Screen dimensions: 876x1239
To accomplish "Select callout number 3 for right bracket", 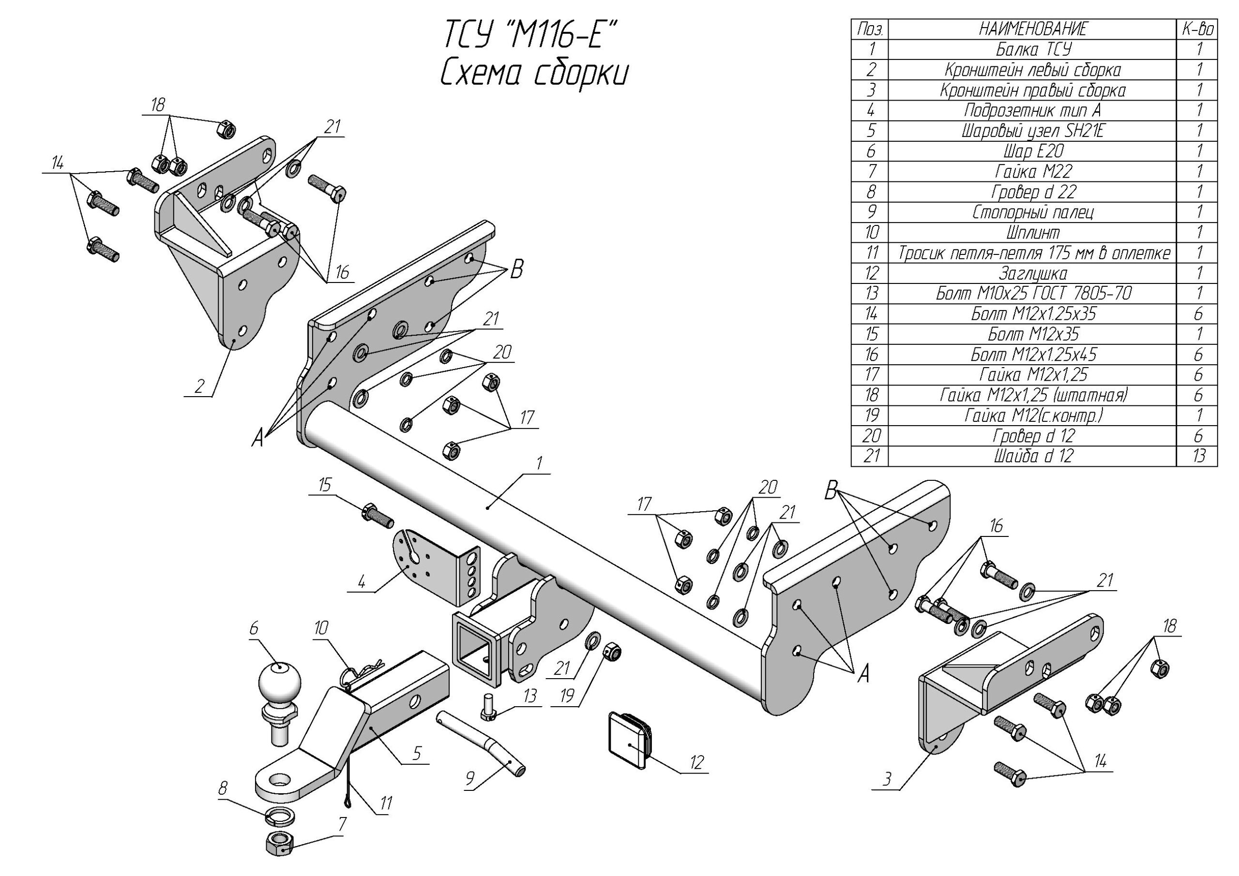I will tap(887, 779).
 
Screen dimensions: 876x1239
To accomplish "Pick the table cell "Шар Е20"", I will tap(1032, 151).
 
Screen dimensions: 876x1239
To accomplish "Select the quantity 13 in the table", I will tap(1198, 456).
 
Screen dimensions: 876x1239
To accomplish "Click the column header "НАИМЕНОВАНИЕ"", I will tap(1032, 29).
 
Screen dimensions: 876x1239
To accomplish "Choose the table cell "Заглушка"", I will tap(1032, 273).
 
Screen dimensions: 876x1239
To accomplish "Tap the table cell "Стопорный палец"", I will tap(1032, 212).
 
